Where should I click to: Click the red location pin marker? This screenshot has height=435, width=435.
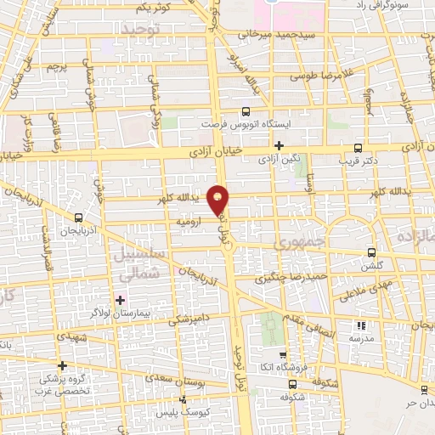tap(219, 199)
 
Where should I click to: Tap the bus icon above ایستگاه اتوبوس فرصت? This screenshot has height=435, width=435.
tap(246, 111)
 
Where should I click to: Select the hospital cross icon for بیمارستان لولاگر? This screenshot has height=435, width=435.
tap(120, 299)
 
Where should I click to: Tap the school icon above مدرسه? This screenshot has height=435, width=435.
tap(361, 325)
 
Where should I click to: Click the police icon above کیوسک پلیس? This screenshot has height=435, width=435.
tap(182, 398)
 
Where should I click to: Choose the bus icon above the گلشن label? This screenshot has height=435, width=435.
tap(371, 252)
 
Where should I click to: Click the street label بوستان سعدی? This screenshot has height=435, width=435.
tap(175, 376)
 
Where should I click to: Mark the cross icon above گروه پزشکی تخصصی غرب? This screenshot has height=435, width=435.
tap(62, 364)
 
